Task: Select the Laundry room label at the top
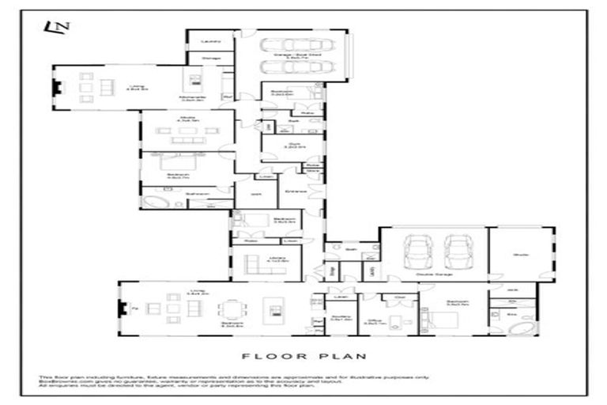click(x=210, y=40)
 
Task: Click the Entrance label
click(x=296, y=191)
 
